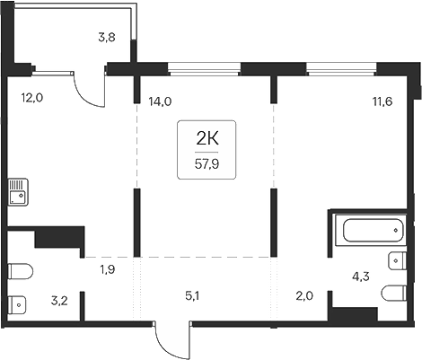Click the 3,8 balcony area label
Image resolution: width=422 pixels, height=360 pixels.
pos(106,38)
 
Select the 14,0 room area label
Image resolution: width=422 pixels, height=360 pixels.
pos(160,101)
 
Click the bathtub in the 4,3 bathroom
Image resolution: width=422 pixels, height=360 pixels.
pos(369,230)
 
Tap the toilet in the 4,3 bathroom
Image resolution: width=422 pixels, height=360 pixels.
pos(395,294)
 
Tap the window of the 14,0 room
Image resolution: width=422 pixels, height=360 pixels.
pos(205,66)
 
